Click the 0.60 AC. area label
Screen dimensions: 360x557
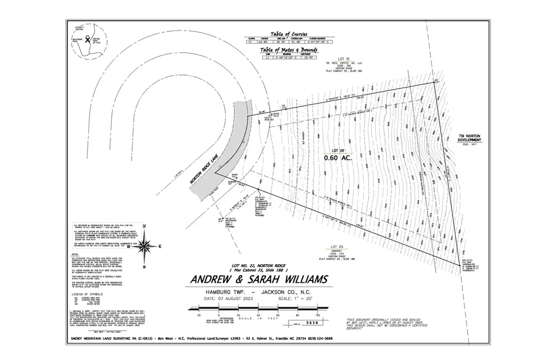pyautogui.click(x=338, y=158)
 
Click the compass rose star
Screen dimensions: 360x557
pyautogui.click(x=144, y=247)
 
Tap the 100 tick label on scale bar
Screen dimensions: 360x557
pyautogui.click(x=317, y=315)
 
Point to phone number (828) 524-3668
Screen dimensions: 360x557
pyautogui.click(x=319, y=338)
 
